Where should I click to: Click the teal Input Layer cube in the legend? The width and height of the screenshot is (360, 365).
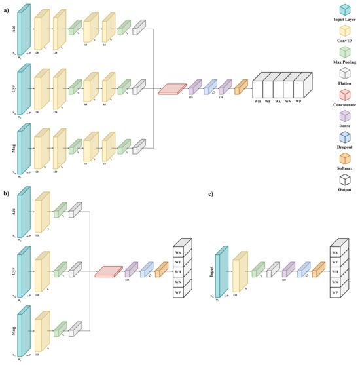tap(343, 9)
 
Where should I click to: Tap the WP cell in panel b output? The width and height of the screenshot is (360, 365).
tap(179, 292)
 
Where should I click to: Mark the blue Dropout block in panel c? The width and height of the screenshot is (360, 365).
tap(302, 269)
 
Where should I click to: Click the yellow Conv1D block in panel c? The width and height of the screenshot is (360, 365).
tap(240, 269)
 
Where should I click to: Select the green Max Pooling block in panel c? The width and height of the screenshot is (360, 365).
tap(257, 269)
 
